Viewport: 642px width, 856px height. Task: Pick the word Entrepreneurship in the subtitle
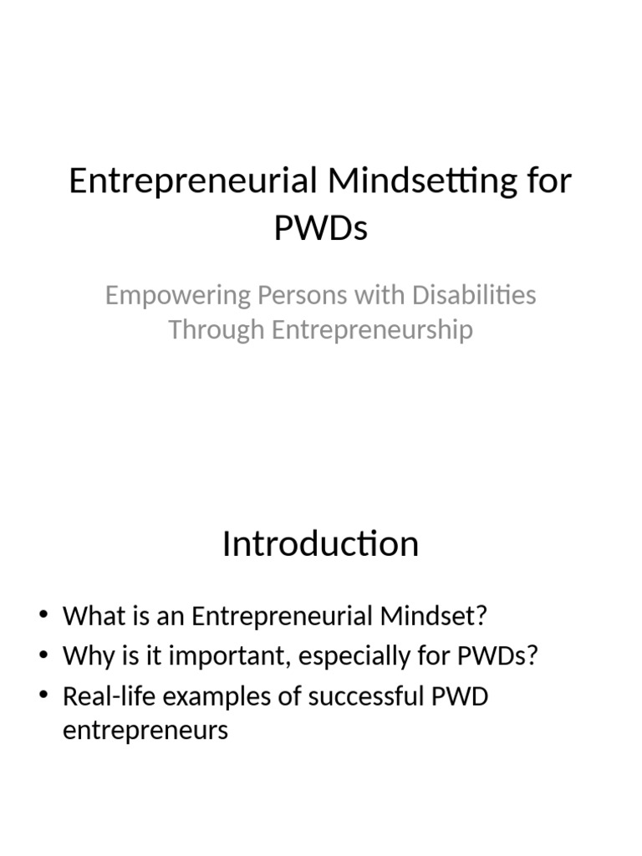tap(372, 329)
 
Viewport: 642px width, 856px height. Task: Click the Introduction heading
tap(320, 544)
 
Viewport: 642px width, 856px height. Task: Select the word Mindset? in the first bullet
tap(434, 617)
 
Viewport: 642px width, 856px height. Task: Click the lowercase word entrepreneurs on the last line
tap(145, 731)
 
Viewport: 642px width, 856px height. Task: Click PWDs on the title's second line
tap(320, 227)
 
